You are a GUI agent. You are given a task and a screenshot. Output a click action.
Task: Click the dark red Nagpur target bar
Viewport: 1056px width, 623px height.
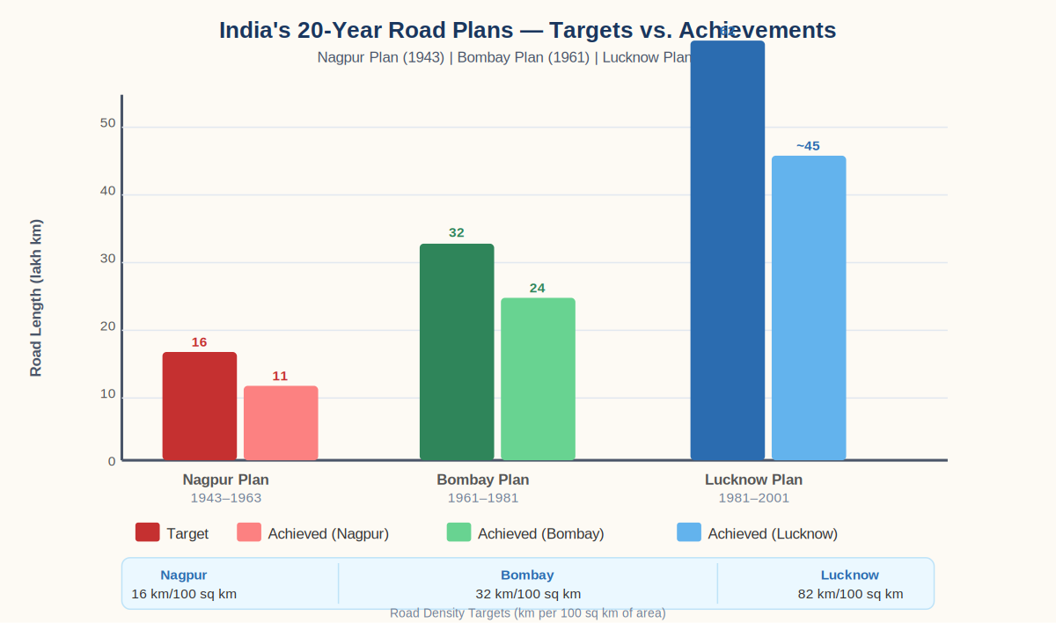click(x=200, y=406)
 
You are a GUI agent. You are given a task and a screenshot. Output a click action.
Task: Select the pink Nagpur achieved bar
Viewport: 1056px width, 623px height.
click(x=281, y=422)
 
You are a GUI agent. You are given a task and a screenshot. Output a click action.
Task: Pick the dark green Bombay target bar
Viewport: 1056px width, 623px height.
click(x=457, y=351)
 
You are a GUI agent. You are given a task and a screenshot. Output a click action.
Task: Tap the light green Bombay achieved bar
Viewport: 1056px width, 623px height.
click(x=538, y=378)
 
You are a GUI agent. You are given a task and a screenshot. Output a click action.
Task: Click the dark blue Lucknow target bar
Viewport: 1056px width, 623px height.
click(x=728, y=250)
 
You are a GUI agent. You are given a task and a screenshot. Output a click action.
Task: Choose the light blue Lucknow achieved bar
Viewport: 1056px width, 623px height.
click(x=809, y=307)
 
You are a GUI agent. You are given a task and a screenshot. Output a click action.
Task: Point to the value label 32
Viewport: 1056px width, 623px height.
click(x=457, y=233)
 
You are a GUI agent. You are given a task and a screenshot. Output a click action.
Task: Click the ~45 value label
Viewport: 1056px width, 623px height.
click(x=808, y=146)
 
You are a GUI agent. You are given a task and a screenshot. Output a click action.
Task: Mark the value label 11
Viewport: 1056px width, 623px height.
click(x=280, y=377)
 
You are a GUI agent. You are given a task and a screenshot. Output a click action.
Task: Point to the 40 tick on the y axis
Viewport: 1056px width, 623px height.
click(x=107, y=191)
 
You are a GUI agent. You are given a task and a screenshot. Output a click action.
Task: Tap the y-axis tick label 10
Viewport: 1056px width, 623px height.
click(x=107, y=393)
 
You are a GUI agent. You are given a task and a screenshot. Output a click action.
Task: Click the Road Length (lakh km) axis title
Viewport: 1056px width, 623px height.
click(x=36, y=297)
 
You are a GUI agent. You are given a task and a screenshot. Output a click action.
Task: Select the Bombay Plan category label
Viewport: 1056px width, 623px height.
click(x=483, y=480)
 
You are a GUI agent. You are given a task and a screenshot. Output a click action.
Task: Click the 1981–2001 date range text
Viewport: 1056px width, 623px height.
click(x=753, y=498)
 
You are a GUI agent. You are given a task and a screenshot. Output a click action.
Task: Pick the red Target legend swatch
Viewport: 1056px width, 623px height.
click(x=147, y=532)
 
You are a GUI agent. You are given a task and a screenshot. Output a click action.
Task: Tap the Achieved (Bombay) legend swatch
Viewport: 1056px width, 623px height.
click(x=458, y=532)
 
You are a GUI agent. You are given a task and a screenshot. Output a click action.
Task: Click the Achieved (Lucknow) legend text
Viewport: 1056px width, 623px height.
click(x=773, y=534)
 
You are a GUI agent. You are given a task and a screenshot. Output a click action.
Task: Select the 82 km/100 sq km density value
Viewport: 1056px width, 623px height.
click(x=850, y=594)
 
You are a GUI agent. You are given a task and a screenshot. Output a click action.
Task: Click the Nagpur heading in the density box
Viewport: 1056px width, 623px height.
click(x=184, y=575)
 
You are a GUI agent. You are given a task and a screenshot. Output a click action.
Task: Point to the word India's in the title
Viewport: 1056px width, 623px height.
click(x=255, y=30)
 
